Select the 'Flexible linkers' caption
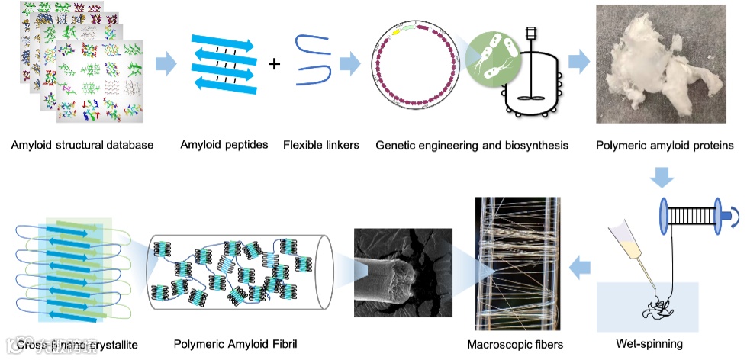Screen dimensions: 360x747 click(320, 144)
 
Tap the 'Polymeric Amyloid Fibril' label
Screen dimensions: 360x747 click(235, 344)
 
